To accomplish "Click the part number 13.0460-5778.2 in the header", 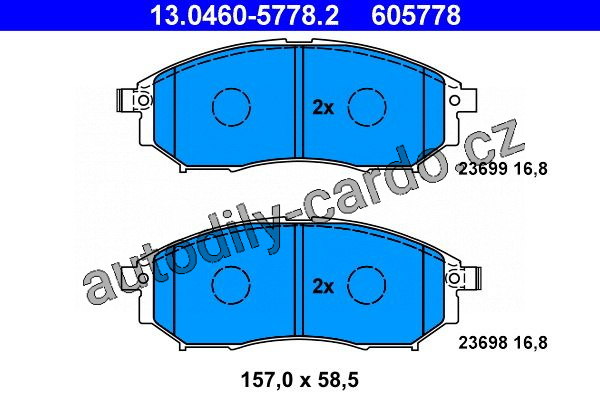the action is pos(245,16).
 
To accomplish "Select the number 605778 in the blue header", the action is pos(416,16).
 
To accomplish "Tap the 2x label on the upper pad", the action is pos(323,108).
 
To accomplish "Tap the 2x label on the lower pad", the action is pos(323,286).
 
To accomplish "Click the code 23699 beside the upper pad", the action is pos(483,168).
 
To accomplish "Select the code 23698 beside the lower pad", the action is pos(483,343).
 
